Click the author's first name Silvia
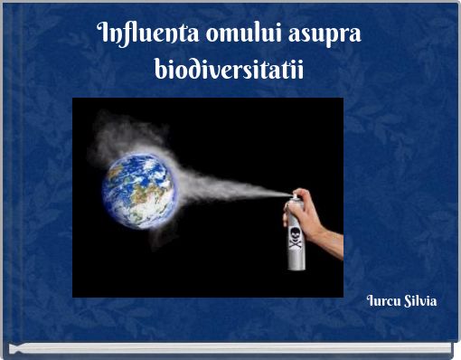(419, 299)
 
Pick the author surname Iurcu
(382, 299)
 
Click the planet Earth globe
(139, 189)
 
